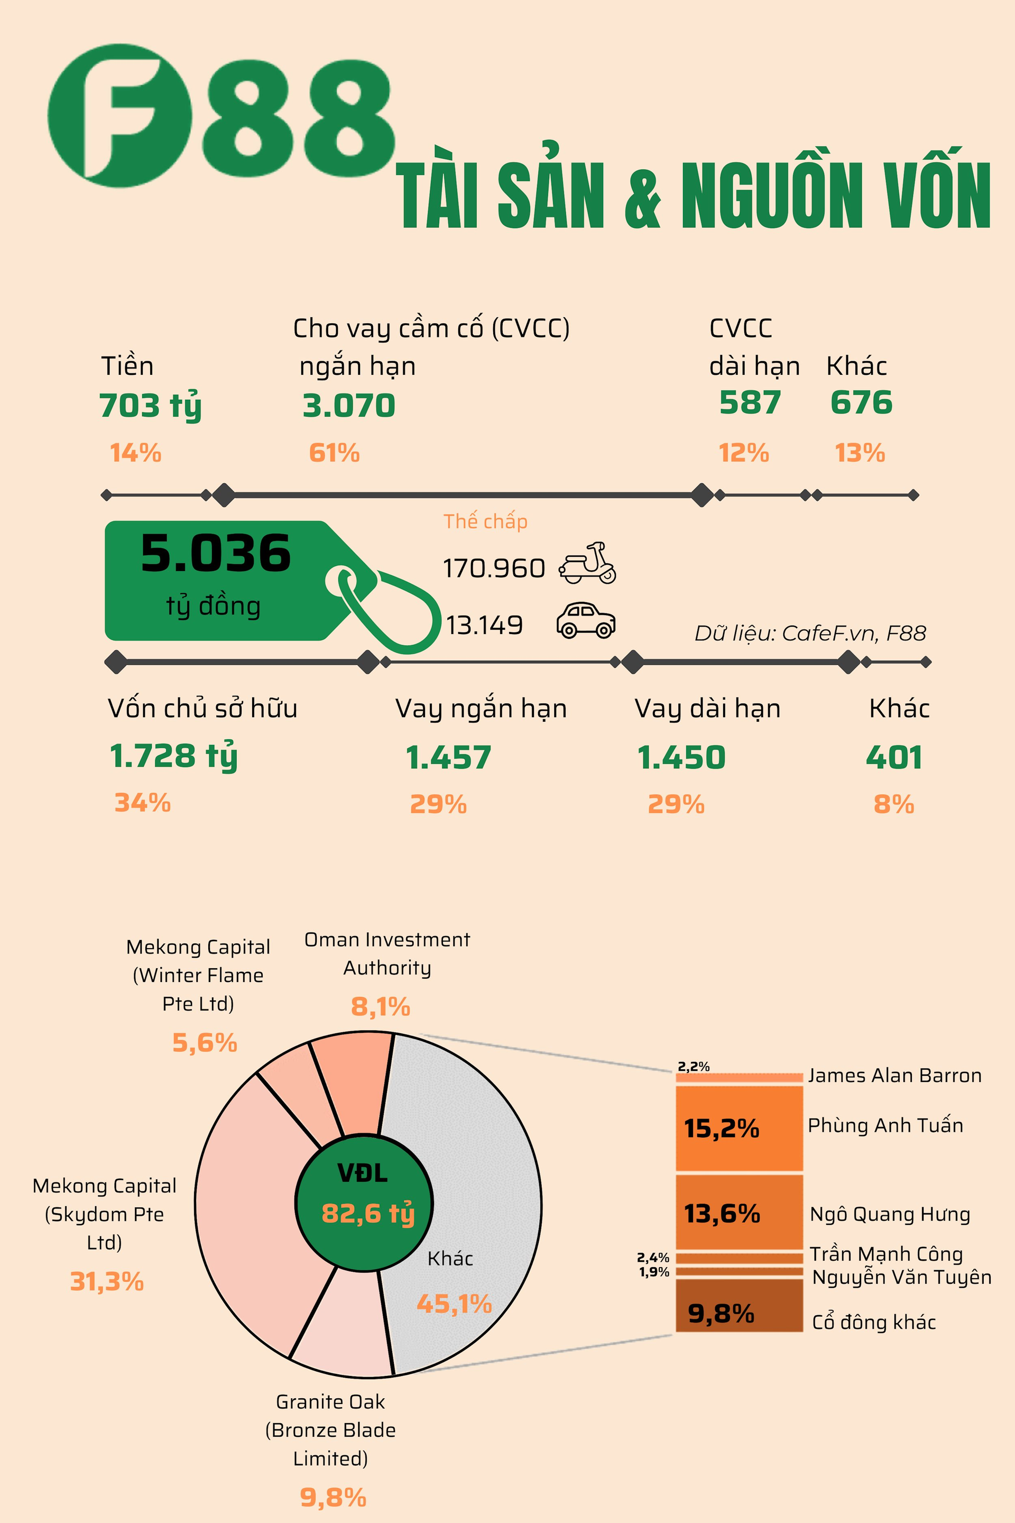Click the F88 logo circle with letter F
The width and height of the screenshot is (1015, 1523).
pos(120,115)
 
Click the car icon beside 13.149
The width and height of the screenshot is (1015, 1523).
pos(586,620)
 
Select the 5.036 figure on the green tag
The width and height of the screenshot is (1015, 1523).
pos(216,554)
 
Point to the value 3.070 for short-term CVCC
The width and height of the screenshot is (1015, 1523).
pos(349,406)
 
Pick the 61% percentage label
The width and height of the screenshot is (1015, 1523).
pos(334,453)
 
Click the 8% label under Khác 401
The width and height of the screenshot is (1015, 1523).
pos(893,804)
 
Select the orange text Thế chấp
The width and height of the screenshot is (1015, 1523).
pos(485,521)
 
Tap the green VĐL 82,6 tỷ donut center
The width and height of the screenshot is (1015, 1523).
pos(364,1203)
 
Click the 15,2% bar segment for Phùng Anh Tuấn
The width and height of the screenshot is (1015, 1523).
pos(739,1128)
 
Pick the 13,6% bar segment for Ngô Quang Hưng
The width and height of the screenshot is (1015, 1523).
pos(739,1212)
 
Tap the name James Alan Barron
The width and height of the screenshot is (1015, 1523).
pos(894,1076)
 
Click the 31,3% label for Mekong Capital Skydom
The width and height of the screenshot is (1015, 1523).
pos(107,1281)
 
